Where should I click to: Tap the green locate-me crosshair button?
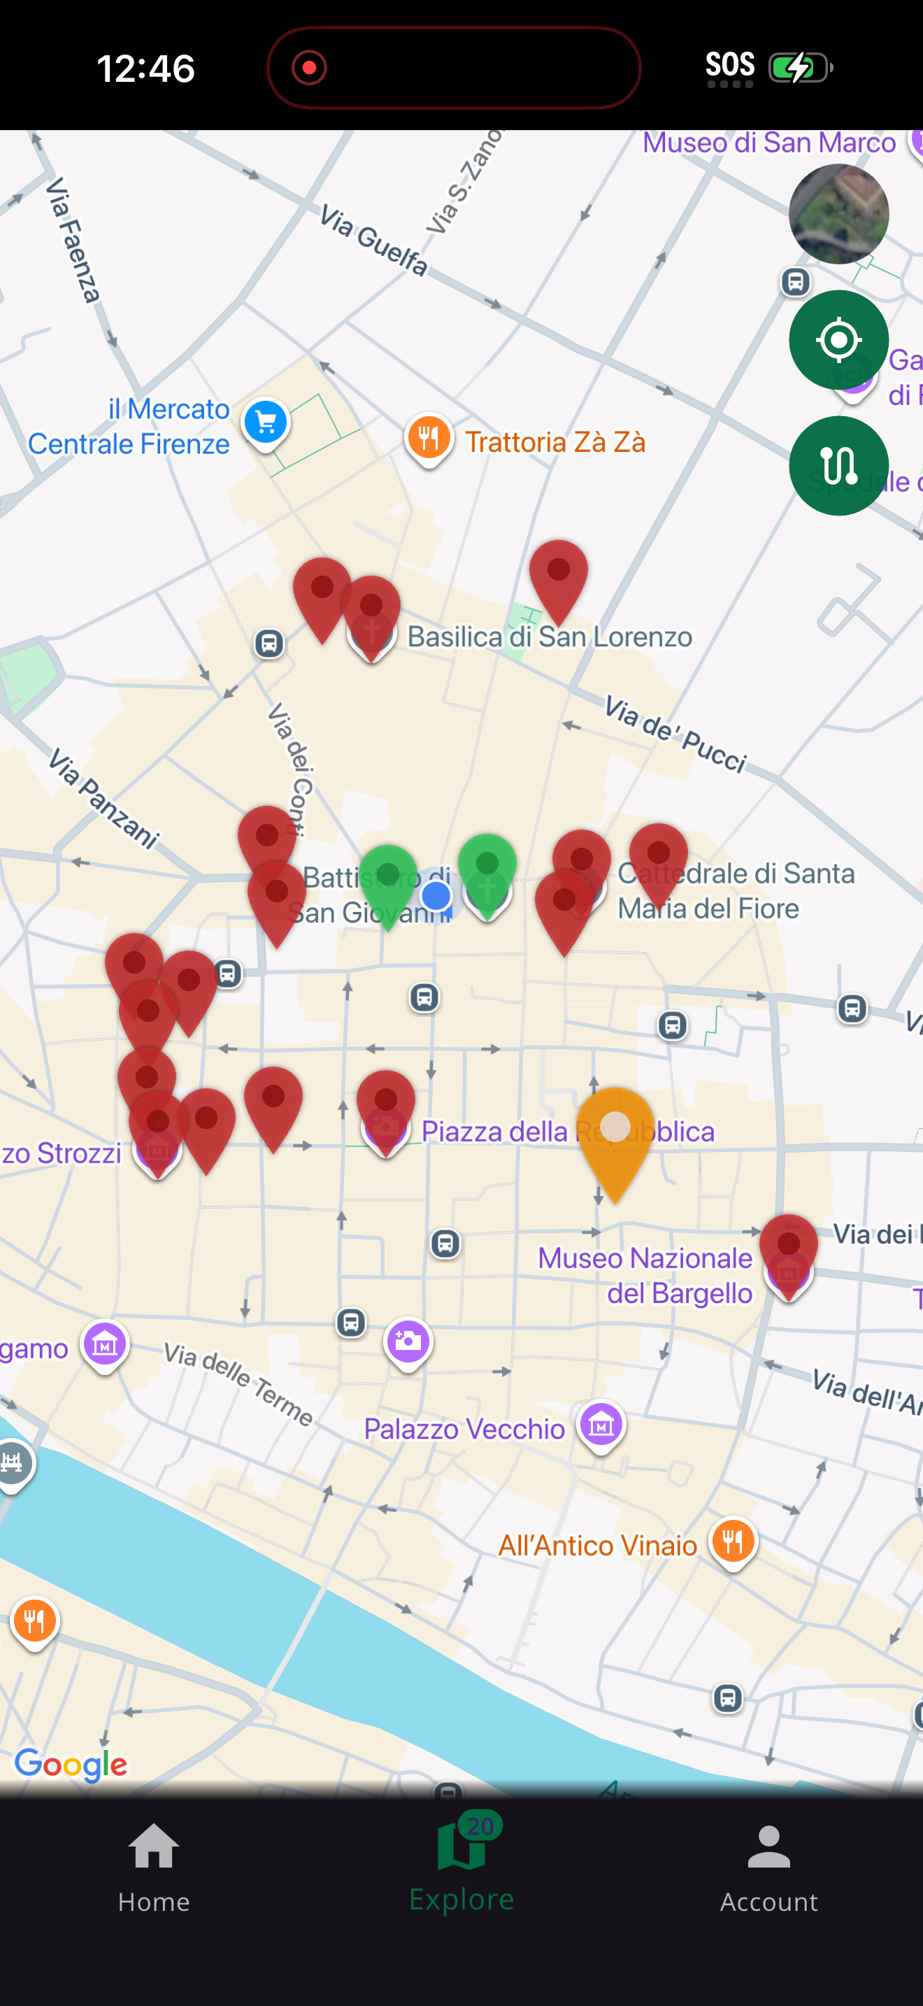point(838,339)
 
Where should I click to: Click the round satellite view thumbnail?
point(838,214)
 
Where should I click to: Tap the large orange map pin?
point(615,1134)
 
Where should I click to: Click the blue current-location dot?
point(436,895)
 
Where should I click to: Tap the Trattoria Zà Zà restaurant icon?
point(429,438)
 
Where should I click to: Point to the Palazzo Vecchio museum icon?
point(601,1424)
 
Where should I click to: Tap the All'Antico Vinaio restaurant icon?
point(732,1542)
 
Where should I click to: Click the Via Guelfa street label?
point(373,241)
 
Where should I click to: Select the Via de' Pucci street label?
point(675,734)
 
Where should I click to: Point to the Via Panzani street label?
point(103,797)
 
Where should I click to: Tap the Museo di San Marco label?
point(769,143)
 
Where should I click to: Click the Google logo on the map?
point(71,1765)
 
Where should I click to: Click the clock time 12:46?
point(145,69)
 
